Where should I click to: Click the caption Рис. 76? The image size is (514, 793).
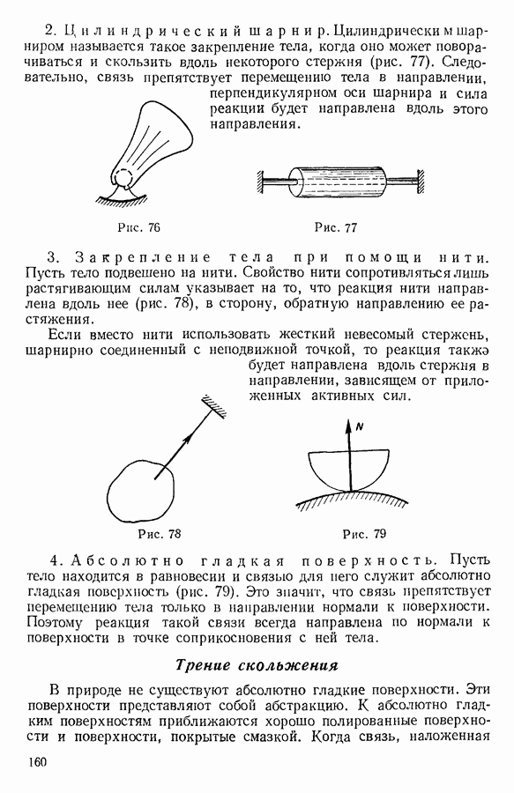coord(138,227)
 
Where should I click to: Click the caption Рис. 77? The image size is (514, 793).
coord(335,227)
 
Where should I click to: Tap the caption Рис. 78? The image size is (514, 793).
coord(160,534)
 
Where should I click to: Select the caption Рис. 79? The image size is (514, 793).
coord(364,534)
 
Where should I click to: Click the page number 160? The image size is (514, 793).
coord(38,761)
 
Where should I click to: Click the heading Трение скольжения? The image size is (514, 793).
coord(257,665)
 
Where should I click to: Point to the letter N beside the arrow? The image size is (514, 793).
coord(360,426)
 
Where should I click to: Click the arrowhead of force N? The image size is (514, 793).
coord(348,426)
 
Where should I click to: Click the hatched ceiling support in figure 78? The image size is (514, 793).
coord(214,406)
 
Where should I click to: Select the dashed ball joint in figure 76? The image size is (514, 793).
coord(123,178)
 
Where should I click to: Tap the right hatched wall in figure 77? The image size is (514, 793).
coord(420,182)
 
